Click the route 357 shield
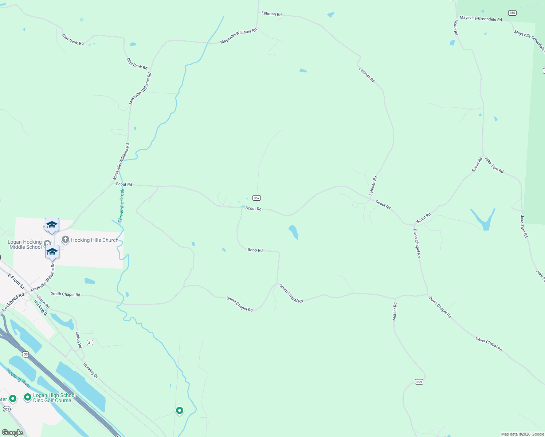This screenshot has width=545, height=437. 257,198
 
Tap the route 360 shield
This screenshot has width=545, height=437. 512,13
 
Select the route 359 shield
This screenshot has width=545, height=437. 419,382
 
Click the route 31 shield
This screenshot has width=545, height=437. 90,342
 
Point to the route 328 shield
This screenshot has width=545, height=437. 7,409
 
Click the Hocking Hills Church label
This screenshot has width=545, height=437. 95,240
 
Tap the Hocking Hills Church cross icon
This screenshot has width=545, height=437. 66,240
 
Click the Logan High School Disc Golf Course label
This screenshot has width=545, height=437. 54,398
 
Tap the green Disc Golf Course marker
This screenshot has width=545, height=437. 28,397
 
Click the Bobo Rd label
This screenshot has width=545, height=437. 255,250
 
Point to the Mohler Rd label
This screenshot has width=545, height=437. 395,311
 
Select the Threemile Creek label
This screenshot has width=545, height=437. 121,205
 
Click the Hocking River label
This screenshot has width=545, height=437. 19,378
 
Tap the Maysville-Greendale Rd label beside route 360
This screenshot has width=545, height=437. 481,19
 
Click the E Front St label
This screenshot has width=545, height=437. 16,281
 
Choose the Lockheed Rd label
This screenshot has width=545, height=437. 13,302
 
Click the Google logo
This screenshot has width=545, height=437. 12,433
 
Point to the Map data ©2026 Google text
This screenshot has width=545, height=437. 522,434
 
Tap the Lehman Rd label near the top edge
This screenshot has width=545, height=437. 271,14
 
